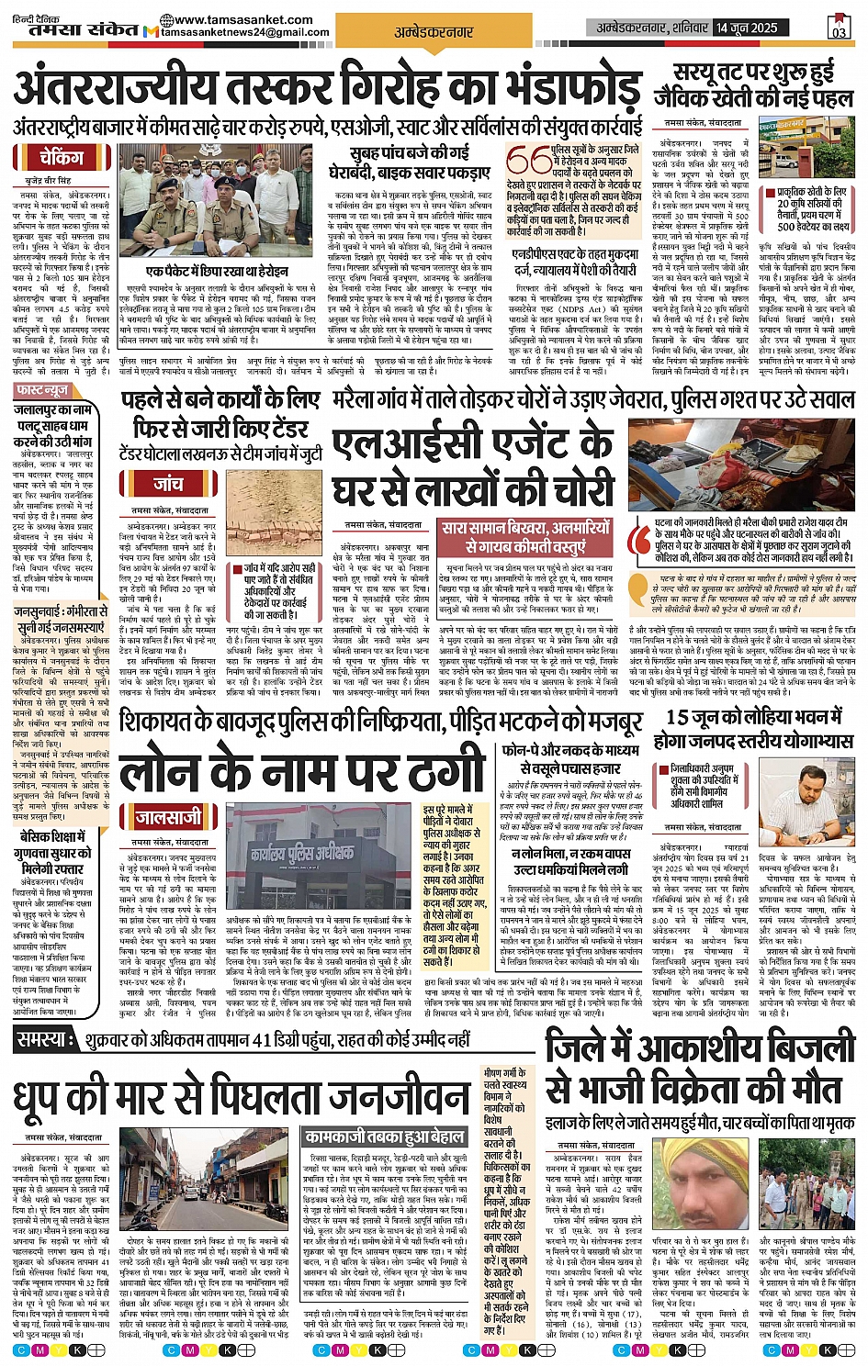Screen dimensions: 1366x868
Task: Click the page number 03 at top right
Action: (838, 28)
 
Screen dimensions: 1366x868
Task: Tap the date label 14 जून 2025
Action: (747, 28)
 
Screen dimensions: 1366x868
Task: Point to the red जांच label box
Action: (167, 483)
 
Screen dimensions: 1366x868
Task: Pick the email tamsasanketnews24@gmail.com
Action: (245, 33)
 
